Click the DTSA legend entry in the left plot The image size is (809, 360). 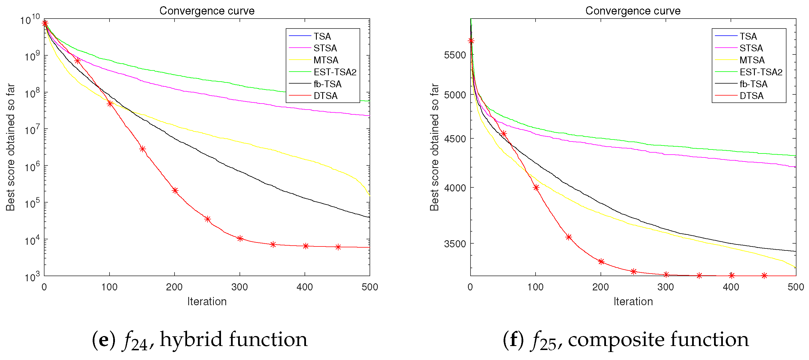pos(325,96)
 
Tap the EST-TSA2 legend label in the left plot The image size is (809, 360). pos(335,72)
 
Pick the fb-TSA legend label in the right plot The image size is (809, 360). pos(753,84)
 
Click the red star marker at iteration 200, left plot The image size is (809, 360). pos(175,190)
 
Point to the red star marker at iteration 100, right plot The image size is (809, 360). pos(536,187)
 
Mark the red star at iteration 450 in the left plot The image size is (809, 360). pos(338,247)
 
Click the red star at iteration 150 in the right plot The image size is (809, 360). pos(568,237)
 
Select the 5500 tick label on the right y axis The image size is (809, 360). pos(455,55)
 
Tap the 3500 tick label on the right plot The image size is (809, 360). pos(455,244)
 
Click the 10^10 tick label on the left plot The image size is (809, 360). pos(30,19)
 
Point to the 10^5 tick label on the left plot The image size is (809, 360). pos(32,204)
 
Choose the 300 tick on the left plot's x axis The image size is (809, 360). pos(240,287)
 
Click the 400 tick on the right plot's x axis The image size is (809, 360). pos(731,287)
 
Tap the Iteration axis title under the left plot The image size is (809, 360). pos(207,302)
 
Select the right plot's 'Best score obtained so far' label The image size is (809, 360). pos(434,147)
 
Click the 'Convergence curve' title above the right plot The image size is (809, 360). pos(632,11)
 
